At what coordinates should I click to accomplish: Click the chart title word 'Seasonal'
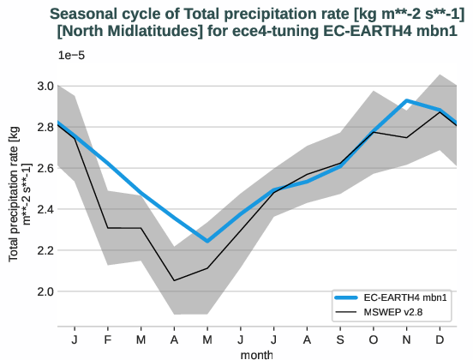click(87, 14)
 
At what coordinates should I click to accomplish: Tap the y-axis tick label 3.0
click(41, 86)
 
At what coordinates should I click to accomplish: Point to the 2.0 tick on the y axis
click(41, 291)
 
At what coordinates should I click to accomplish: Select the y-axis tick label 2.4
click(41, 209)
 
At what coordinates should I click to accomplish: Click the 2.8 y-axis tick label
click(41, 127)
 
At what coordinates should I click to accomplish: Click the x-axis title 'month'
click(257, 352)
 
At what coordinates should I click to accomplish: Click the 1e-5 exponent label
click(71, 55)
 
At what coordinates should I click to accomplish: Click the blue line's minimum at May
click(207, 242)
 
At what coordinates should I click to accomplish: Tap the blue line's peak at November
click(407, 101)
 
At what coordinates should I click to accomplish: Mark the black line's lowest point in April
click(174, 280)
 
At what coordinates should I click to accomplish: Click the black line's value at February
click(107, 228)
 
